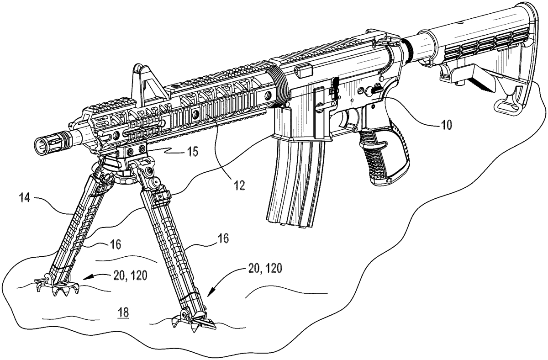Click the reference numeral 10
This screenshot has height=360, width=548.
(447, 125)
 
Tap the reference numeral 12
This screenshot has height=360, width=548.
(239, 186)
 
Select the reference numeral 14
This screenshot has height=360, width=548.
(25, 197)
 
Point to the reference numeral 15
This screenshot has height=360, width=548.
(193, 152)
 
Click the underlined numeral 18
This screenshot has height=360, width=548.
(123, 313)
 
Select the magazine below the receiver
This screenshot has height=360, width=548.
(295, 181)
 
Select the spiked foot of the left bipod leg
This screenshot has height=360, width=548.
(57, 287)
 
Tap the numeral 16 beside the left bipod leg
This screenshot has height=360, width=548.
(115, 244)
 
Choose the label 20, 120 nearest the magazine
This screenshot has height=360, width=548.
(265, 269)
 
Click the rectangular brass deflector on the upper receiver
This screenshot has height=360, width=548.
(304, 71)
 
